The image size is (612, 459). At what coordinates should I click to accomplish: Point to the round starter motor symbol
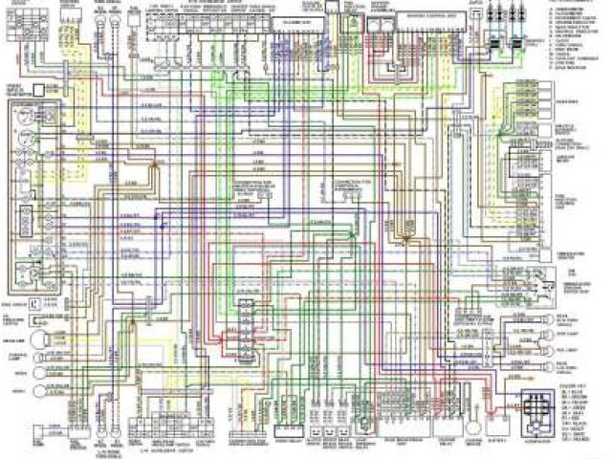point(364,422)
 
